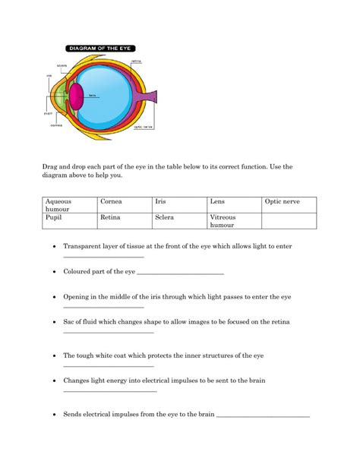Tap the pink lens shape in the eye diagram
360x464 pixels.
[77, 96]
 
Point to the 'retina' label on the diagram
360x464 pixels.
[136, 61]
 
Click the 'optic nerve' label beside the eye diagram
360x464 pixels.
[144, 127]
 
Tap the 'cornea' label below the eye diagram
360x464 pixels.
[56, 125]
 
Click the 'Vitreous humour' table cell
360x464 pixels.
[234, 221]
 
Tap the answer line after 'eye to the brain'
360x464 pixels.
[264, 417]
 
